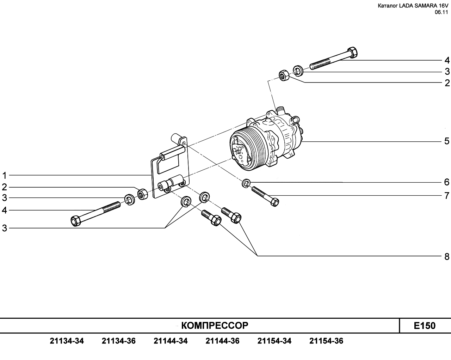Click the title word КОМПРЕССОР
point(215,325)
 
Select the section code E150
point(425,325)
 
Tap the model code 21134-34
point(67,341)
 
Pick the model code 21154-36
point(326,341)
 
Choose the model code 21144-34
point(171,341)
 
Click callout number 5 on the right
point(447,141)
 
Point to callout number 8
point(447,257)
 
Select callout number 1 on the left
point(4,175)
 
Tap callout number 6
point(447,182)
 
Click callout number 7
point(447,196)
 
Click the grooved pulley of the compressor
point(245,148)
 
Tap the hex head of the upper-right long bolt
point(352,53)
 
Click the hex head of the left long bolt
point(76,221)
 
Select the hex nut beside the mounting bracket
point(142,194)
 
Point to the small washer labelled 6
point(246,183)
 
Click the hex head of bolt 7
point(274,202)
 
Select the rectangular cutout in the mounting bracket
point(168,163)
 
